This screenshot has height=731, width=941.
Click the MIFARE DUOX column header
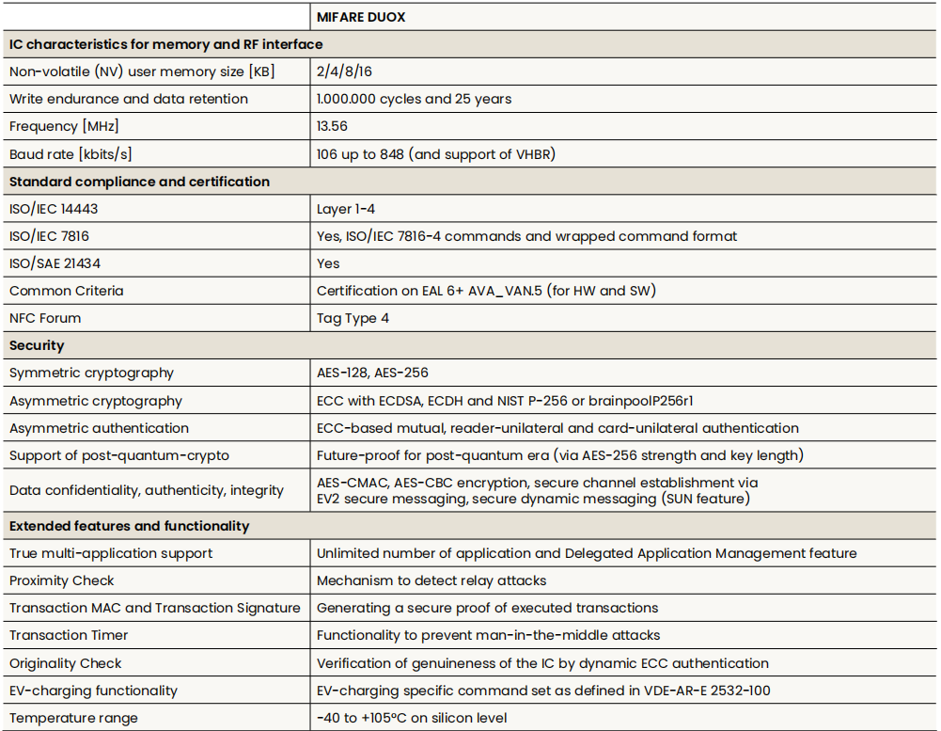[361, 17]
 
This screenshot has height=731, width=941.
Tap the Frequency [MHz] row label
[64, 126]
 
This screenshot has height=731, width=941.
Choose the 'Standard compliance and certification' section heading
[139, 182]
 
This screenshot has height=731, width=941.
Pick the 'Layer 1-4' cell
[346, 209]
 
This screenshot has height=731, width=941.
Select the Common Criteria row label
[66, 291]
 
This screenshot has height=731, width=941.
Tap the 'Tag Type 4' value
[353, 318]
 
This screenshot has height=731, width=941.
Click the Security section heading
[37, 345]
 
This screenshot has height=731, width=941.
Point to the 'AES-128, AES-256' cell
[372, 373]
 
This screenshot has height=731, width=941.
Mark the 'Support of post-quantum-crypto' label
[119, 455]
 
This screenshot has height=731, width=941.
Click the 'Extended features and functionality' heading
[129, 526]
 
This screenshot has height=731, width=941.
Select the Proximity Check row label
[62, 580]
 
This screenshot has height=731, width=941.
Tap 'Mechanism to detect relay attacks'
[431, 580]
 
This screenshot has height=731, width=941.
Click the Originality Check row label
[66, 663]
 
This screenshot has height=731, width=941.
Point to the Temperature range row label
[73, 718]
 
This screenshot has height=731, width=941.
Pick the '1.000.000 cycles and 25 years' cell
[414, 99]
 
